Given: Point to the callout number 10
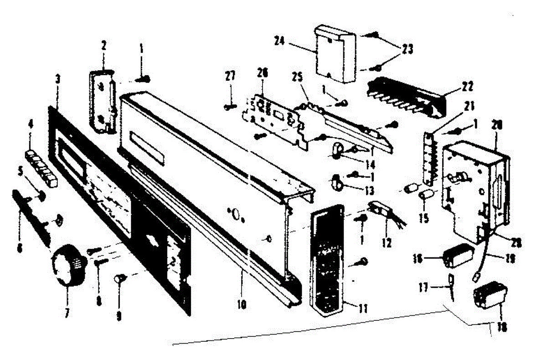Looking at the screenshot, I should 242,304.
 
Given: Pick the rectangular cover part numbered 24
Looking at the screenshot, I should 335,54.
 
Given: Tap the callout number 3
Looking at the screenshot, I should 57,79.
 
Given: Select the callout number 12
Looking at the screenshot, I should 387,244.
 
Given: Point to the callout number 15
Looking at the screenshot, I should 424,219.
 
